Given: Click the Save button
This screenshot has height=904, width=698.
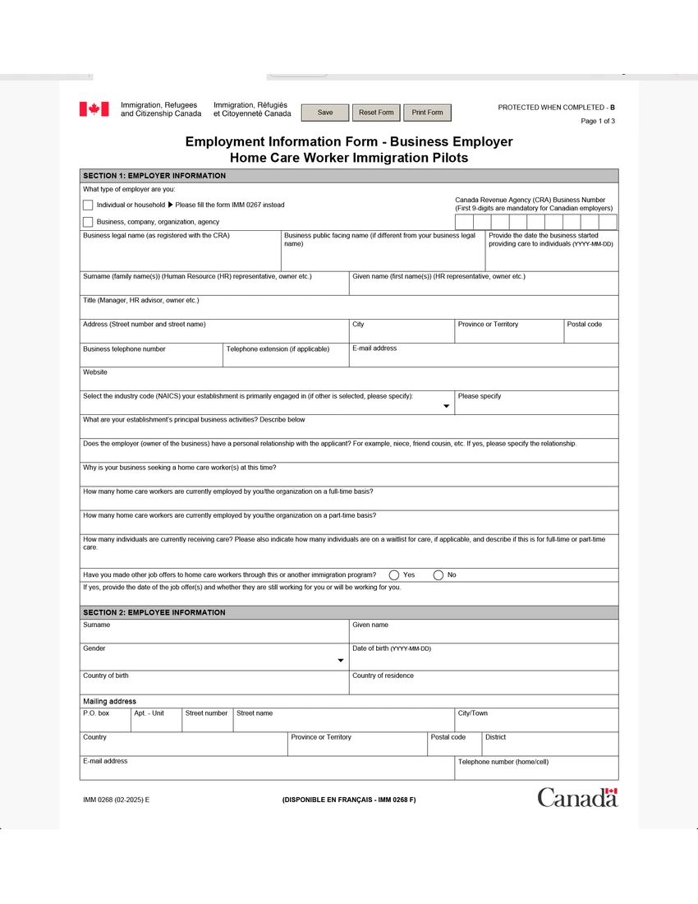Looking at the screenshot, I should [325, 113].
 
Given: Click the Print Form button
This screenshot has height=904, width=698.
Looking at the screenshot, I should [427, 113].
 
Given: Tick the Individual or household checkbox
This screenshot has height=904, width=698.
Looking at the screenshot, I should [88, 205].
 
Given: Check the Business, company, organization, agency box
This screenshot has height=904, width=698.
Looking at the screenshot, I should [88, 222].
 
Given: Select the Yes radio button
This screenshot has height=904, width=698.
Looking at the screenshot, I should [394, 575].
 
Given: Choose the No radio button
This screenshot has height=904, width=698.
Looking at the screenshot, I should [439, 575].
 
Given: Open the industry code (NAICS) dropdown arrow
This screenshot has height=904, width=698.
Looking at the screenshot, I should [447, 406].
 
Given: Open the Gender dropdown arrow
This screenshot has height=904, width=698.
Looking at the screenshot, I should [341, 661].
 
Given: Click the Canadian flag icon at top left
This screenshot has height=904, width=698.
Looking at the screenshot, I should [94, 109].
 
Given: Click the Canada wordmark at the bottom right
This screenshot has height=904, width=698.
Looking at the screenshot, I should [577, 797].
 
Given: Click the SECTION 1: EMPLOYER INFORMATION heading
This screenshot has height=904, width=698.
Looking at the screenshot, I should [154, 176].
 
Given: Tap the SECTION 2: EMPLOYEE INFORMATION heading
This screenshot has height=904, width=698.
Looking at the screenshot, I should [154, 612].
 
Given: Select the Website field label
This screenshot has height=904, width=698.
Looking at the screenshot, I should [95, 372].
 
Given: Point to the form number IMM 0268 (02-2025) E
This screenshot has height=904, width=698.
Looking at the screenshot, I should [116, 800].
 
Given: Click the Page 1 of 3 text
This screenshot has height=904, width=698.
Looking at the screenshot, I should [598, 122].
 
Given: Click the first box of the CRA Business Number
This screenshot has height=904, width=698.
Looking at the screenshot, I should [464, 222].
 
